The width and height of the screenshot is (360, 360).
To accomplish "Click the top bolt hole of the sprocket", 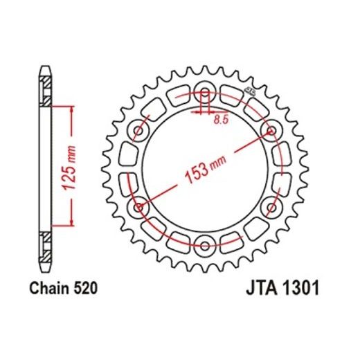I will coord(205,89).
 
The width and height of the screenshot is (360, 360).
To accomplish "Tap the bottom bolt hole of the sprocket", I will coord(205,243).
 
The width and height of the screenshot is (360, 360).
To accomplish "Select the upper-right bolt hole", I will coord(271,127).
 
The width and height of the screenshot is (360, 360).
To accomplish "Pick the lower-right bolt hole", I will coord(271,205).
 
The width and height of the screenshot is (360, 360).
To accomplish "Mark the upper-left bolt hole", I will coord(138,127).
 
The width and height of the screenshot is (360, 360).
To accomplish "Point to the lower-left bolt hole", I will coord(138,205).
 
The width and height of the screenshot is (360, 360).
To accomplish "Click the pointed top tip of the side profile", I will coord(46,66).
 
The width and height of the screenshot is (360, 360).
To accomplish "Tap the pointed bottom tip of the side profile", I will coord(46,267).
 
